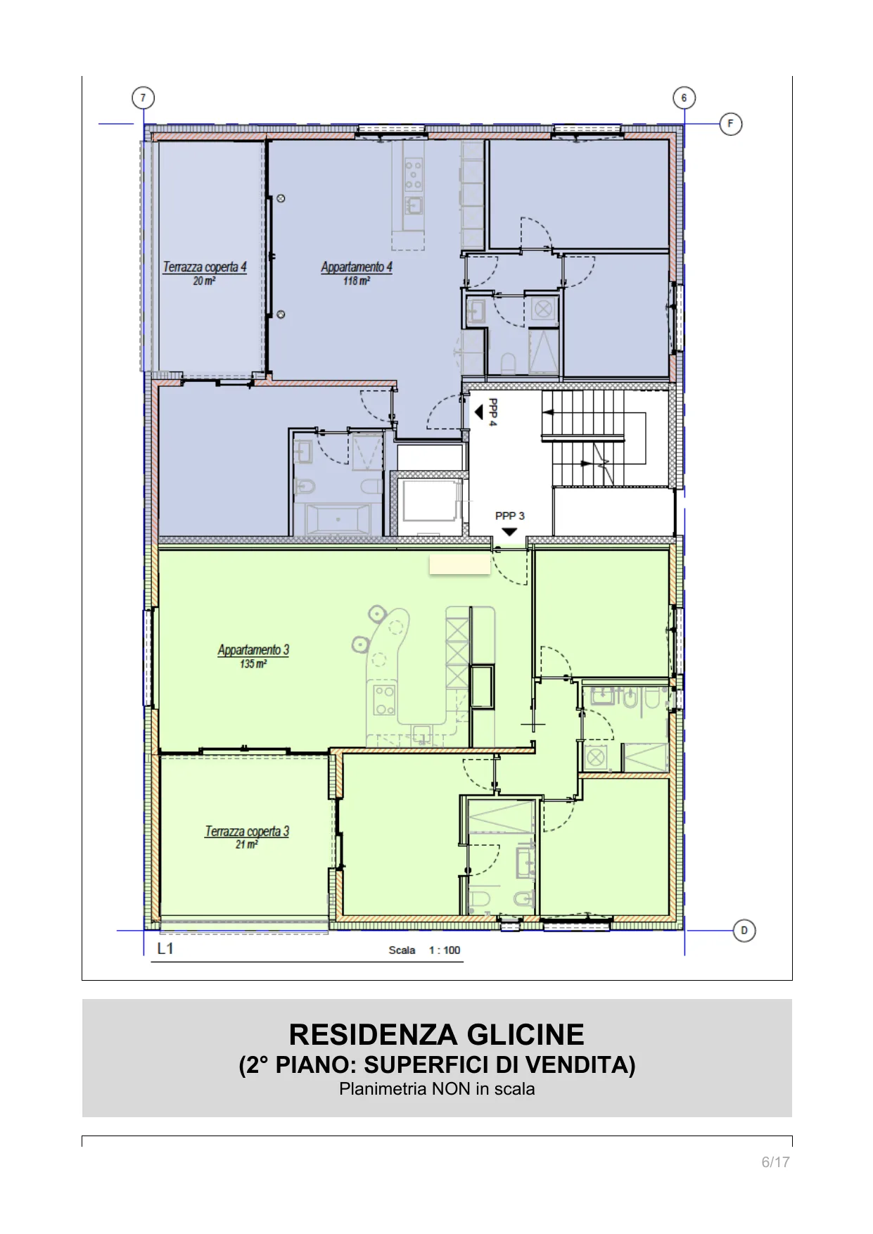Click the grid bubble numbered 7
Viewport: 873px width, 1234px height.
coord(143,98)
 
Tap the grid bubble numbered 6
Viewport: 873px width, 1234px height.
coord(684,98)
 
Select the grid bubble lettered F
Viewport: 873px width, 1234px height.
coord(731,125)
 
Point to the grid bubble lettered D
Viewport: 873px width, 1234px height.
coord(744,931)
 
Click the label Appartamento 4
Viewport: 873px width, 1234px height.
coord(357,267)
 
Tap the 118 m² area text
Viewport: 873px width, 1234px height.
coord(357,281)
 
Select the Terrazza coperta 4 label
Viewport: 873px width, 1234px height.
coord(205,267)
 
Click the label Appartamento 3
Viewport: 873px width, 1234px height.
coord(253,650)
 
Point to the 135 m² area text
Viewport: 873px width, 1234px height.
coord(253,664)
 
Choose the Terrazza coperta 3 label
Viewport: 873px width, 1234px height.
coord(247,831)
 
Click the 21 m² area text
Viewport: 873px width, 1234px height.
coord(247,844)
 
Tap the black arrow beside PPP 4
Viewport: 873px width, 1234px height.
coord(478,412)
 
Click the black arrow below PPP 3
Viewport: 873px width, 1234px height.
coord(509,532)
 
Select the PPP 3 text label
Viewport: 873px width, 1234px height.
coord(509,516)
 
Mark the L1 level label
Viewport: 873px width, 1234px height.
coord(165,948)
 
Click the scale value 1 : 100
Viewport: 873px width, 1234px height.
coord(445,950)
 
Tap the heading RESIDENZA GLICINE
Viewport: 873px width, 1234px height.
coord(437,1035)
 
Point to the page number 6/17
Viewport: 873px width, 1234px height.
coord(775,1162)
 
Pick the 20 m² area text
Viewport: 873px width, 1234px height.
coord(204,281)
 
